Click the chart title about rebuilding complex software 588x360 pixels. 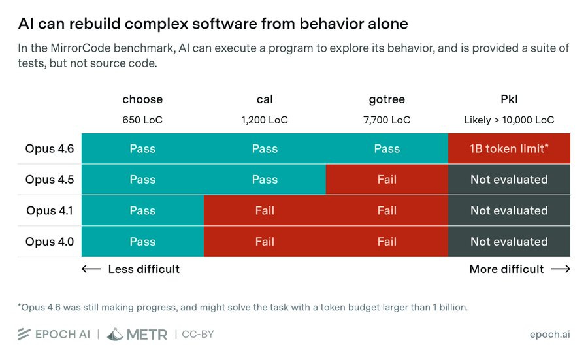pos(213,24)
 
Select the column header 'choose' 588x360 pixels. pos(142,99)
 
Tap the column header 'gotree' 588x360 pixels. pos(387,99)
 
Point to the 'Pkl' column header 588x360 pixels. pos(509,99)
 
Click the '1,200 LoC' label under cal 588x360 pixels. pos(265,120)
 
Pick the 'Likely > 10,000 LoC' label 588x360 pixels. pos(509,120)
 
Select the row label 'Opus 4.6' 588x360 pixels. pos(50,148)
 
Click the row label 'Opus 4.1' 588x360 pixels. pos(50,210)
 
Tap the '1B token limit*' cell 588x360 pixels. pos(509,148)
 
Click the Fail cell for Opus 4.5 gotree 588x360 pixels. pos(387,179)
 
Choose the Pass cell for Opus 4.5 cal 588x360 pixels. pos(265,179)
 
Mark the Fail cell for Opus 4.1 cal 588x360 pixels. pos(265,210)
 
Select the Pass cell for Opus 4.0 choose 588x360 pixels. pos(142,242)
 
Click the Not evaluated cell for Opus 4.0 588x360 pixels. pos(509,242)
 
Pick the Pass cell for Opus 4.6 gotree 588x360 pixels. pos(387,148)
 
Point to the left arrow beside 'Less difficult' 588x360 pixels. pos(91,269)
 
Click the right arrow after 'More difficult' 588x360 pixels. pos(560,269)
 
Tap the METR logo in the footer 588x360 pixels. pos(137,335)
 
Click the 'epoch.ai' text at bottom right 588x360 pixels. pos(549,335)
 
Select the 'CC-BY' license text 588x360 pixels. pos(198,335)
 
